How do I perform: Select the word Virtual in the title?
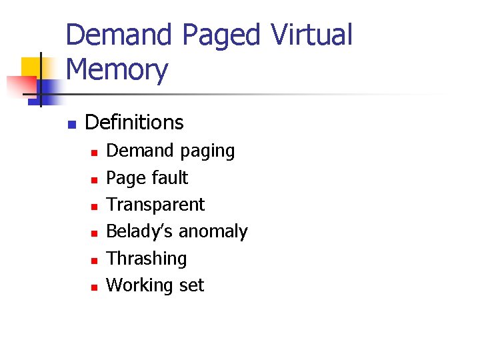[x=311, y=35]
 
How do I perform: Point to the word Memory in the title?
[x=117, y=69]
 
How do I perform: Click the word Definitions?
[x=134, y=123]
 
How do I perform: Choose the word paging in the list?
[x=207, y=151]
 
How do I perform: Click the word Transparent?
[x=155, y=205]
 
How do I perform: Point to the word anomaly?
[x=213, y=232]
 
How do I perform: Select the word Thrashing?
[x=147, y=259]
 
